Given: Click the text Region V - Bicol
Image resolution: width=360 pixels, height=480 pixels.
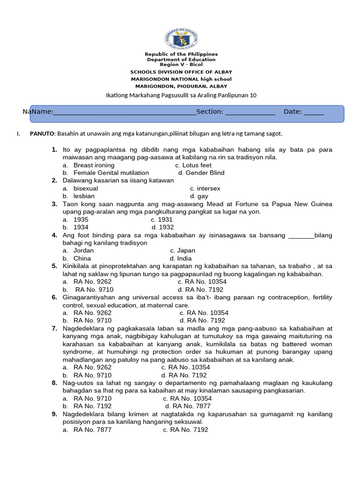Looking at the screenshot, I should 181,64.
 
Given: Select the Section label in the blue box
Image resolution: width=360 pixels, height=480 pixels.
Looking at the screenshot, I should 210,112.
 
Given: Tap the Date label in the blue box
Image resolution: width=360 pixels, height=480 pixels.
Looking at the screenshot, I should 293,112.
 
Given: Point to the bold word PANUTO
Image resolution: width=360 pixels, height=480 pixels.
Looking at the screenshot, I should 43,134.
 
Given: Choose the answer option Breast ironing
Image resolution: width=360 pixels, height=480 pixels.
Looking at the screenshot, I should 94,165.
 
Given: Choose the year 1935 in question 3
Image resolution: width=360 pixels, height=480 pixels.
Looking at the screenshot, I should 81,219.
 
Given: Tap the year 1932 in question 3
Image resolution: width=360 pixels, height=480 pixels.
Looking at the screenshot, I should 166,227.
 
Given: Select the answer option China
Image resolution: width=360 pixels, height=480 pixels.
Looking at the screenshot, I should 82,258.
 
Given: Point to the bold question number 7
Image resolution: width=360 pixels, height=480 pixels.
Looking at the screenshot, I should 54,329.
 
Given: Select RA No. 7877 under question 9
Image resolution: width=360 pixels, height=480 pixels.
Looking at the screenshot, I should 92,429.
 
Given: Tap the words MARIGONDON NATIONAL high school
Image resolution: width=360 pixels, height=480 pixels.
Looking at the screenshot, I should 181,79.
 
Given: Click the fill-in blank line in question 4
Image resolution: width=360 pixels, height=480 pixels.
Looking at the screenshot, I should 301,235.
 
